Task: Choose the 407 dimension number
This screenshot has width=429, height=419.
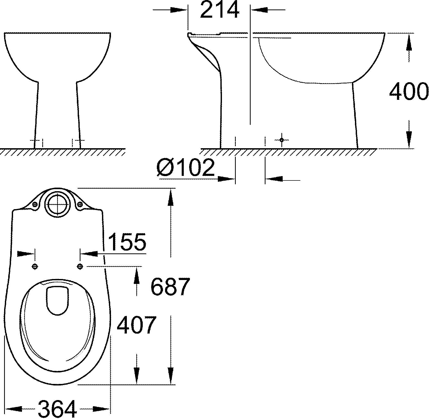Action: click(136, 325)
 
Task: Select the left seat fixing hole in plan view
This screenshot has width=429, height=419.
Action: click(35, 267)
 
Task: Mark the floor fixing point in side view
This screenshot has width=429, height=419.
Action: click(281, 140)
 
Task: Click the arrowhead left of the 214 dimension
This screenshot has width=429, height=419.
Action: click(179, 10)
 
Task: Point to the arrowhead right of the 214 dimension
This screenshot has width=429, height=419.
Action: click(259, 10)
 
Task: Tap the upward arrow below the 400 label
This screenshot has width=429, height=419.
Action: click(409, 138)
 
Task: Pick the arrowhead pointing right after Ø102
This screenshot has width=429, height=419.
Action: click(227, 179)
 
